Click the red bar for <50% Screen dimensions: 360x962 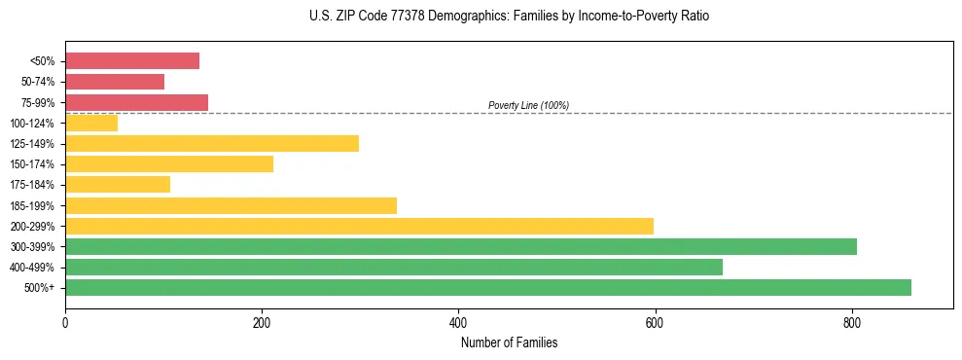[132, 61]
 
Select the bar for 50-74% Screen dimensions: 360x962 [115, 82]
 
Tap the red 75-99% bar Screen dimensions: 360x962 [136, 102]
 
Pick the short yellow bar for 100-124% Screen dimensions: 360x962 [91, 123]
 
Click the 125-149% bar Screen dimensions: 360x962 [212, 144]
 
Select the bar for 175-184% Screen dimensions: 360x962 [118, 185]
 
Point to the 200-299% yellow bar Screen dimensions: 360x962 [359, 226]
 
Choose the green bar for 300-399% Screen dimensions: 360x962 [461, 246]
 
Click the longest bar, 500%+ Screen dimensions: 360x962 [488, 287]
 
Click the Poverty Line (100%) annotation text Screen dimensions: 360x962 [528, 105]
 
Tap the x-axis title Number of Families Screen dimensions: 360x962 [509, 342]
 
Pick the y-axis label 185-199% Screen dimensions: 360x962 [32, 205]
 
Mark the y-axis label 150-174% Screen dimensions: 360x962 [32, 164]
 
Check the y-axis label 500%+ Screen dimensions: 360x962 [38, 288]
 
